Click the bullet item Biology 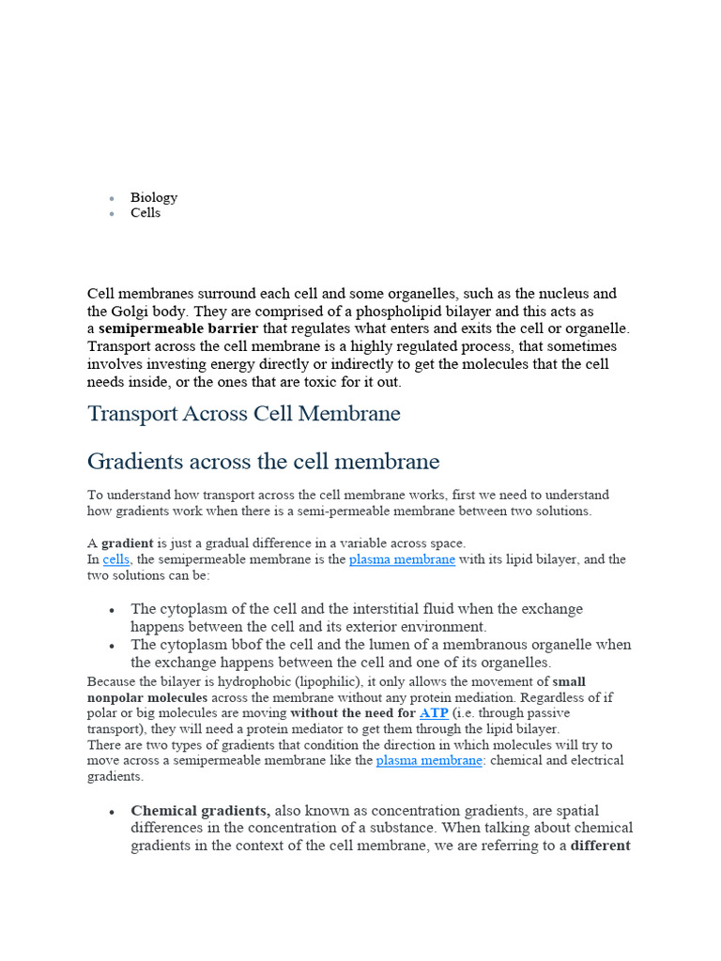(153, 197)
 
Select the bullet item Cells (146, 213)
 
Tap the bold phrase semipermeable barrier (178, 329)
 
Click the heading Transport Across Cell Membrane (244, 414)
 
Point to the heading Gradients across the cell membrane (263, 462)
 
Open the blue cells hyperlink (116, 559)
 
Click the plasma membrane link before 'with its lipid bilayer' (402, 559)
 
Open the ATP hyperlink (433, 713)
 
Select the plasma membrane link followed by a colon (429, 760)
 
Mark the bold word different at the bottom (600, 846)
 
